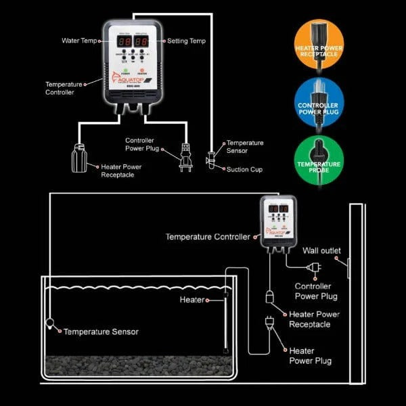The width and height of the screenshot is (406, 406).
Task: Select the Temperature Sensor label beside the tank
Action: pyautogui.click(x=101, y=332)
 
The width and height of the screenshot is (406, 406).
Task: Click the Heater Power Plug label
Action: pyautogui.click(x=310, y=356)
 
